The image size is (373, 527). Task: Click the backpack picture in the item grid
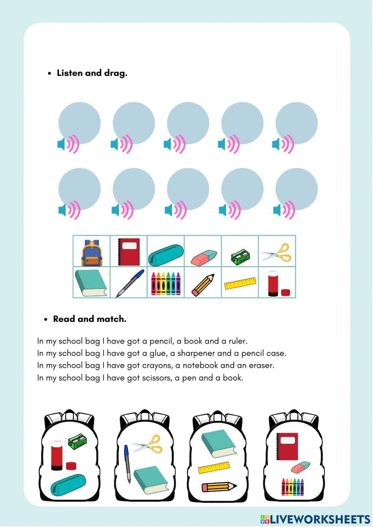pyautogui.click(x=92, y=253)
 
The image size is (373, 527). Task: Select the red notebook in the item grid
pyautogui.click(x=129, y=252)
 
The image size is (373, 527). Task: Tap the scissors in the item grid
pyautogui.click(x=277, y=253)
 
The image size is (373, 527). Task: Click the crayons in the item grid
pyautogui.click(x=166, y=284)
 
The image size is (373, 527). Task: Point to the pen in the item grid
pyautogui.click(x=130, y=283)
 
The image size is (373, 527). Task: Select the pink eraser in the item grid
pyautogui.click(x=204, y=258)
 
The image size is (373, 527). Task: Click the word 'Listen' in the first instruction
pyautogui.click(x=70, y=73)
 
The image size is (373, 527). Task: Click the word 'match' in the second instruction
pyautogui.click(x=111, y=319)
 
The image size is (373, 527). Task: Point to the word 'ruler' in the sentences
pyautogui.click(x=237, y=341)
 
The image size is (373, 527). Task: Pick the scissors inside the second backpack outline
pyautogui.click(x=148, y=444)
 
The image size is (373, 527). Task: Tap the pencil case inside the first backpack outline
pyautogui.click(x=68, y=485)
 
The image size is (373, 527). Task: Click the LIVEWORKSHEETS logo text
pyautogui.click(x=319, y=519)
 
